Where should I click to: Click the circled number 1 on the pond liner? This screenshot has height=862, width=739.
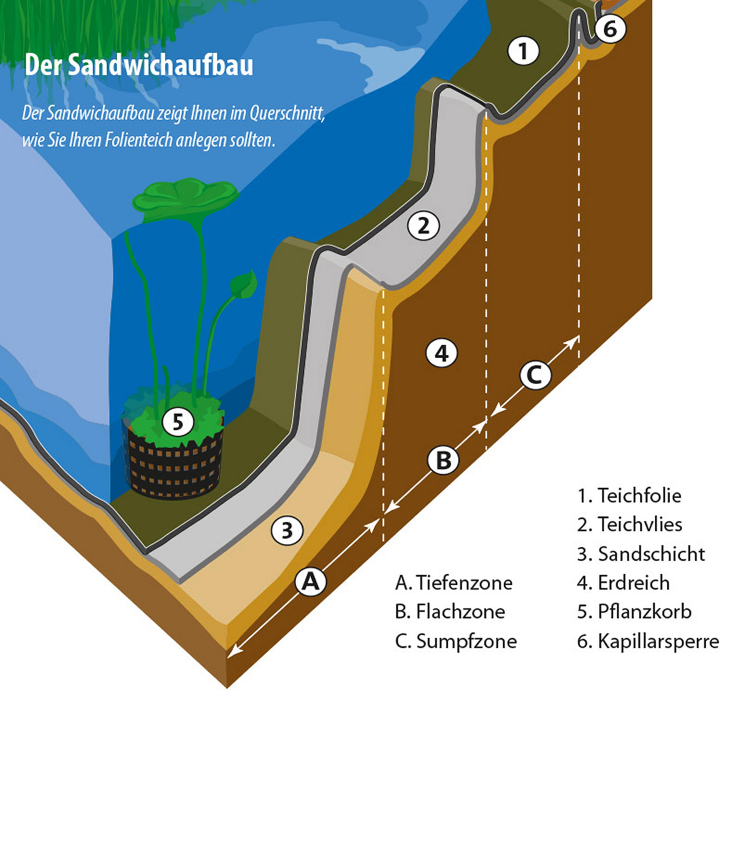523,51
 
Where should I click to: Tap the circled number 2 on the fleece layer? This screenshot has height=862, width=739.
423,226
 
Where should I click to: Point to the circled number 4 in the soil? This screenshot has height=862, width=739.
441,354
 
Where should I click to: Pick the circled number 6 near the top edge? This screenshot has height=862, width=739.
610,29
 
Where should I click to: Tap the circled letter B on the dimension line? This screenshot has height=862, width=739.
443,460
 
